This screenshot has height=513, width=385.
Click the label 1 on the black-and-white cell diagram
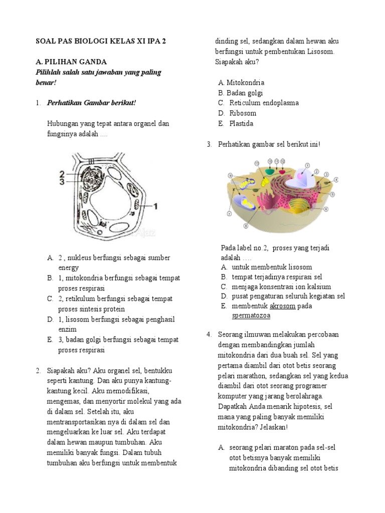pos(156,205)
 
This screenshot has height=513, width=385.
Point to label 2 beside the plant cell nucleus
pos(62,174)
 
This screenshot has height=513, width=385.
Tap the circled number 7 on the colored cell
pos(229,214)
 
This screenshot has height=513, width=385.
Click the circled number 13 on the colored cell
pos(257,163)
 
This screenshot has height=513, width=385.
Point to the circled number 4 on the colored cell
pos(336,179)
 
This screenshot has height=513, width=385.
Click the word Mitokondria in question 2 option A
pos(245,82)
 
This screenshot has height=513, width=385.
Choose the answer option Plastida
pos(241,124)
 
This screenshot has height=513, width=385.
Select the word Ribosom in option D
pos(243,113)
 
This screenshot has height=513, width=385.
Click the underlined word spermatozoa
pos(251,316)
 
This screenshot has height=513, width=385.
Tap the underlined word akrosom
pos(282,306)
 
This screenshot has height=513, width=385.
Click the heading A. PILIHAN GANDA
pos(71,62)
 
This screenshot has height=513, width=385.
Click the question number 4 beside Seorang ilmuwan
pos(209,334)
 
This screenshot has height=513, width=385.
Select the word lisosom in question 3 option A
pos(299,267)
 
